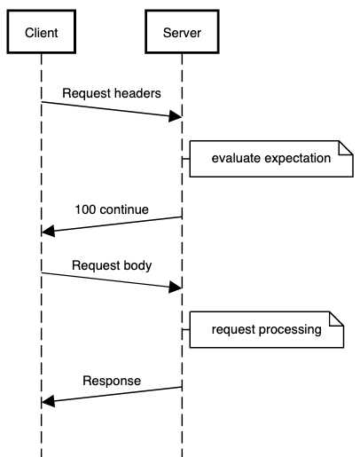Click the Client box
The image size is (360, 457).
point(41,33)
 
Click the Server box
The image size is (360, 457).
point(182,33)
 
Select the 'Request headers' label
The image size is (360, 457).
point(111,93)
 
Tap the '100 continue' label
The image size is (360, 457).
point(111,210)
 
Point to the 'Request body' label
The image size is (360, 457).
point(111,264)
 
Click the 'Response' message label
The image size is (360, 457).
point(111,382)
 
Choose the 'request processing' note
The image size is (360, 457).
point(266,330)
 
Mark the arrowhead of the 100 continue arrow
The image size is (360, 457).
point(49,231)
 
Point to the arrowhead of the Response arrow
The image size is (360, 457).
point(49,401)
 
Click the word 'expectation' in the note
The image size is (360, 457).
point(297,159)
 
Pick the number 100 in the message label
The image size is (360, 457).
point(85,210)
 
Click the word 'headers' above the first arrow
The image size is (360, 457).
point(137,93)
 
